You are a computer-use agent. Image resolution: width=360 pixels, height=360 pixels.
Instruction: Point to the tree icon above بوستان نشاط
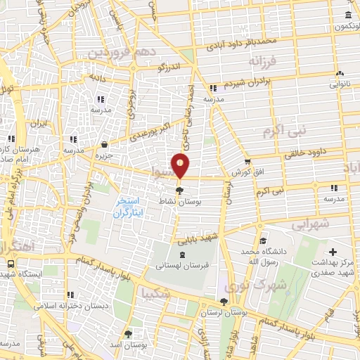pyautogui.click(x=180, y=189)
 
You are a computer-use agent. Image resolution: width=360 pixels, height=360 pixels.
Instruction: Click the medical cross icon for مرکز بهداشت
pyautogui.click(x=333, y=252)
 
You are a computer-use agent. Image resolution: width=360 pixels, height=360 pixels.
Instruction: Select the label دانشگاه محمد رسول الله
pyautogui.click(x=262, y=255)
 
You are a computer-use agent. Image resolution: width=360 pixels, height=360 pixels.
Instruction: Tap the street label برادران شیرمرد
pyautogui.click(x=268, y=82)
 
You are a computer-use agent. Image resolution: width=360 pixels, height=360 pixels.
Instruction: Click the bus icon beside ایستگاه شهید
pyautogui.click(x=11, y=262)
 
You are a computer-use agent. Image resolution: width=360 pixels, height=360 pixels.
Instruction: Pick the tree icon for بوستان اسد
pyautogui.click(x=127, y=335)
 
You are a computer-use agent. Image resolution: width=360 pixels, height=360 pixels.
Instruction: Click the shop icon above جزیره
pyautogui.click(x=104, y=143)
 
